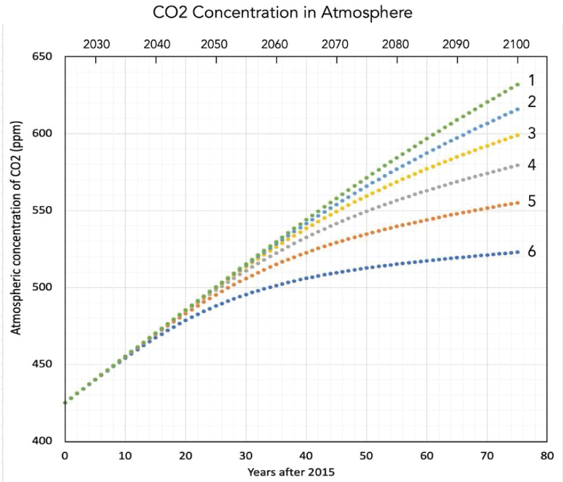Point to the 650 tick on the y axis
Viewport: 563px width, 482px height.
click(x=42, y=57)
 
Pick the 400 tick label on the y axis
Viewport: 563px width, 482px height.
click(x=42, y=441)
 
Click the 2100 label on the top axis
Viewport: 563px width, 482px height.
click(x=516, y=44)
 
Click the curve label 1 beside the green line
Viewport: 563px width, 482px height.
click(x=531, y=81)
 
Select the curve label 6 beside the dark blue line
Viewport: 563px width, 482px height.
click(x=531, y=251)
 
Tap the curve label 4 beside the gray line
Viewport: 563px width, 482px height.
click(x=531, y=165)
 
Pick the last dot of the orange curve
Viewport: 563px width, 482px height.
click(x=517, y=203)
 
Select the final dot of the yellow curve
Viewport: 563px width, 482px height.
click(x=517, y=135)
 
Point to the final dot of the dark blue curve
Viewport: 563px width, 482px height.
click(x=517, y=252)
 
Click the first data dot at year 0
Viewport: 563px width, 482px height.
click(x=65, y=403)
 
